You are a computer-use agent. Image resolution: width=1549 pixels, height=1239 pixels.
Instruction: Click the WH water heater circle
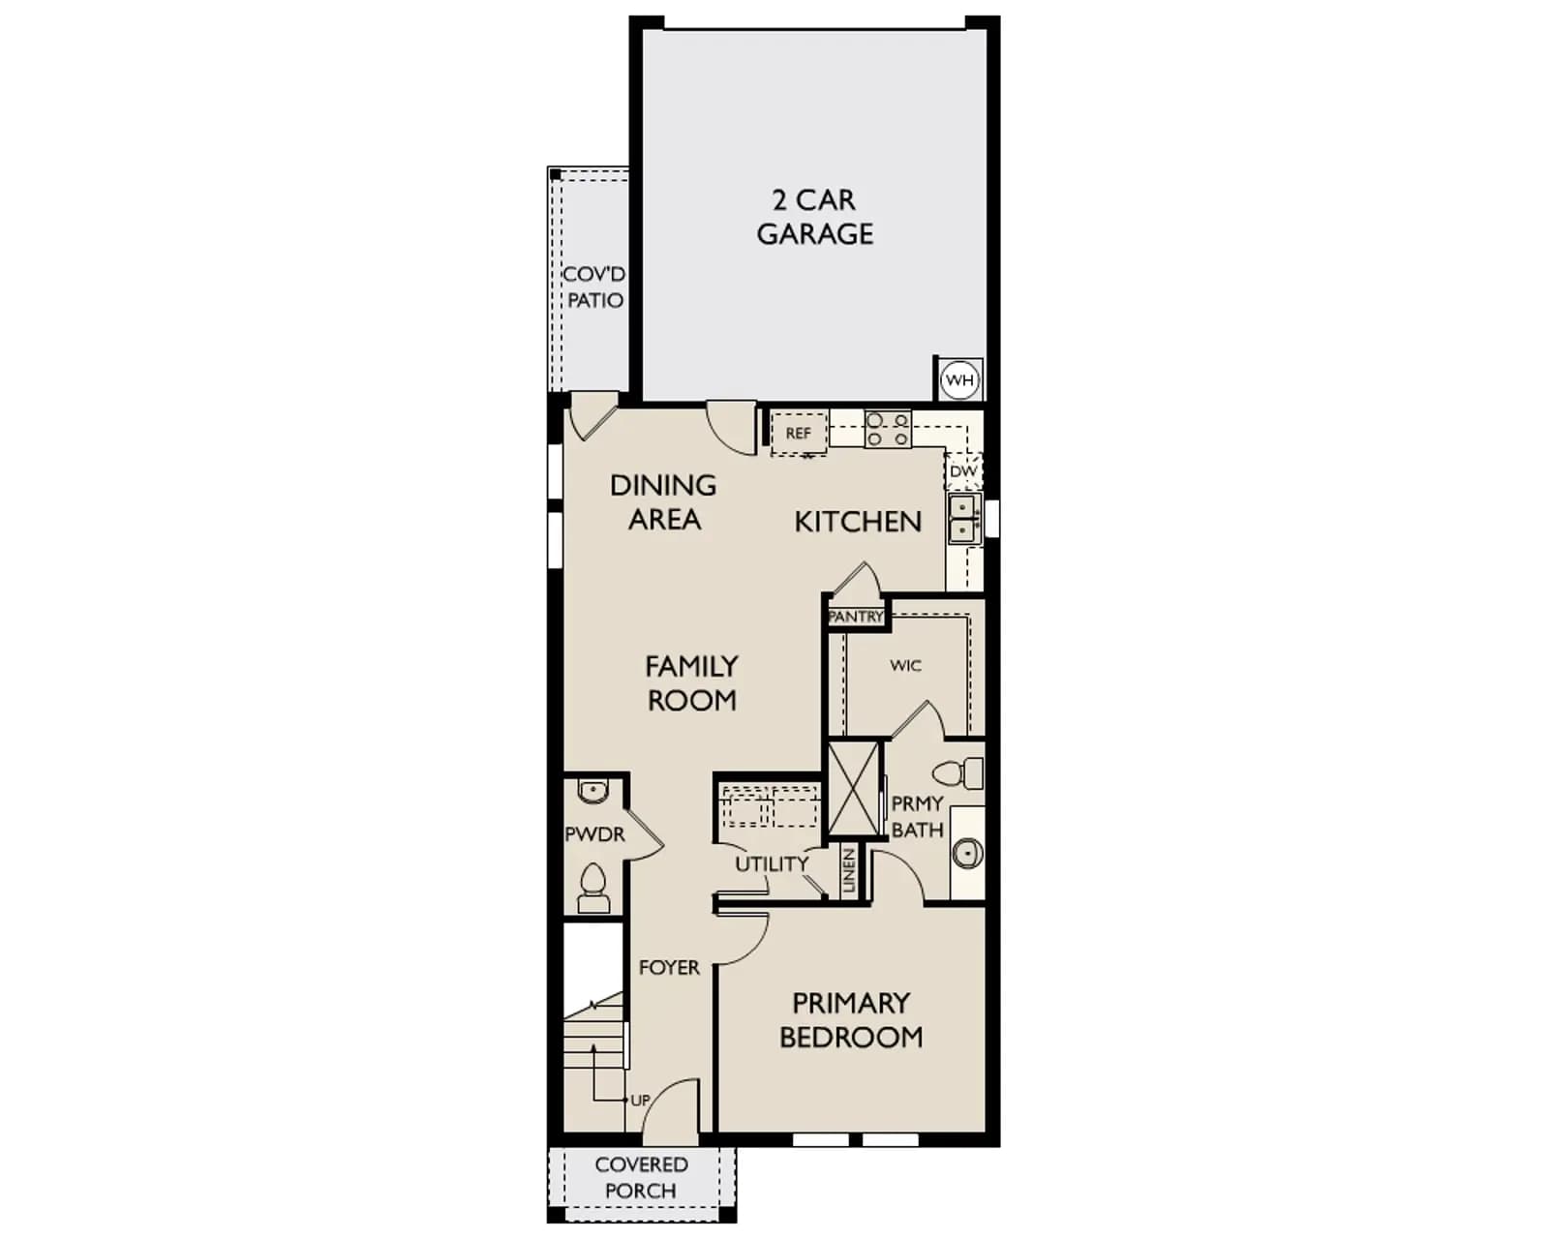click(x=960, y=379)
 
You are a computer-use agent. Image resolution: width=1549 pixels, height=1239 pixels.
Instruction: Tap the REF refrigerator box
click(x=799, y=434)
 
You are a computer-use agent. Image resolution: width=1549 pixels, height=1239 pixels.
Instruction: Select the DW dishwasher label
click(x=963, y=471)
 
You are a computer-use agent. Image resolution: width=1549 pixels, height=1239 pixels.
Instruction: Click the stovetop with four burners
click(x=888, y=429)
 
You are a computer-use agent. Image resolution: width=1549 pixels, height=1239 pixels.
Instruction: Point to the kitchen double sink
click(x=964, y=519)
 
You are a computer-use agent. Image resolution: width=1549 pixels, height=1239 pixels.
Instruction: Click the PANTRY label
click(x=856, y=617)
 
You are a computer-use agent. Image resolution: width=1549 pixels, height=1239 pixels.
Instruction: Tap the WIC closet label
click(x=905, y=665)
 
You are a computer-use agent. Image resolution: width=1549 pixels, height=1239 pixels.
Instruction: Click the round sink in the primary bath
click(x=967, y=854)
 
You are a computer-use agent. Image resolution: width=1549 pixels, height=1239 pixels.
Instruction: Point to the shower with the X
click(x=854, y=788)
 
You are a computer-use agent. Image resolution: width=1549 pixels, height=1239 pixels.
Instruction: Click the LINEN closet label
click(x=849, y=870)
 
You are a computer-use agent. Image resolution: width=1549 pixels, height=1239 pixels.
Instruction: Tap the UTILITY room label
click(x=772, y=864)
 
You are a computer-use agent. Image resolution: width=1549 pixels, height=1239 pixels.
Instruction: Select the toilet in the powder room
click(x=593, y=889)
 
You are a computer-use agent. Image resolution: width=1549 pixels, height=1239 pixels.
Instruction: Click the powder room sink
click(x=593, y=792)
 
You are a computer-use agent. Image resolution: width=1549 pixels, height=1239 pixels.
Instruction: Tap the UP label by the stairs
click(x=640, y=1100)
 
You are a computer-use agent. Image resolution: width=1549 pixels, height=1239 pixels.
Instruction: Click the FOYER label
click(x=669, y=968)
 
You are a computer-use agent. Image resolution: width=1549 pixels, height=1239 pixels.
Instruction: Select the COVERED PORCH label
click(x=641, y=1178)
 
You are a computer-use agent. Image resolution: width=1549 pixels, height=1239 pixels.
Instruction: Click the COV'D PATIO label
click(x=594, y=287)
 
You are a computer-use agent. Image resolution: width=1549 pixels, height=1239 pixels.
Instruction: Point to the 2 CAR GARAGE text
click(x=815, y=217)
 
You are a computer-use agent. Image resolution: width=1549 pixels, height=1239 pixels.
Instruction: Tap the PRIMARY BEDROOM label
click(x=852, y=1020)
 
